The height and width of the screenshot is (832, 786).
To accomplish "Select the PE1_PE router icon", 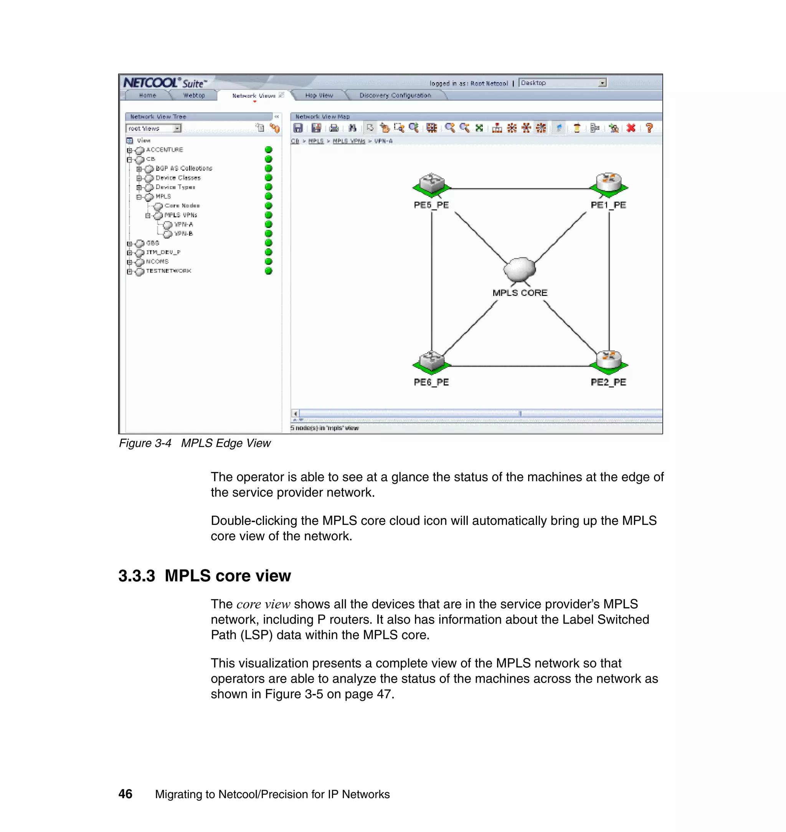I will coord(609,184).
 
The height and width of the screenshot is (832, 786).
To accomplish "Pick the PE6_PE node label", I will coord(431,382).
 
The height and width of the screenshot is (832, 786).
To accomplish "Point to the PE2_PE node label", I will coord(608,382).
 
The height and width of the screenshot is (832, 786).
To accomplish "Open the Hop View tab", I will coord(319,96).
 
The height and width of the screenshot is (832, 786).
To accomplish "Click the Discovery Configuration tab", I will coord(395,96).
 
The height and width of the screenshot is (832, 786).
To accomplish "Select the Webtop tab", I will coord(194,96).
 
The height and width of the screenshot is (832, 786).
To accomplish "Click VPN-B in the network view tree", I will coord(183,234).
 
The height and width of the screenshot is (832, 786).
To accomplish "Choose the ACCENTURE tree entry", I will coord(164,150).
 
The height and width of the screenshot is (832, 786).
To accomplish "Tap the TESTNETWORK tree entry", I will coord(168,271).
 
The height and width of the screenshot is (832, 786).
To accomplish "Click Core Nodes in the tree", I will coord(182,206).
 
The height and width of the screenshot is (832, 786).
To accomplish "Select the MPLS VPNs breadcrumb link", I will coord(348,141).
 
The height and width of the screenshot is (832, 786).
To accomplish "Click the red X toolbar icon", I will coord(631,128).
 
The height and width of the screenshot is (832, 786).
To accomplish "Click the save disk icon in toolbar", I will coord(298,128).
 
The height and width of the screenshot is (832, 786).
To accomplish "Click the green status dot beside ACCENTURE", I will coord(269,150).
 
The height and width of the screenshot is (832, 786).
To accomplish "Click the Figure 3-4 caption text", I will coord(195,443).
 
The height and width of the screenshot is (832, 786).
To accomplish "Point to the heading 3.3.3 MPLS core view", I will coord(205,576).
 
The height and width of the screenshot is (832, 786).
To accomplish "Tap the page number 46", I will coord(125,794).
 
